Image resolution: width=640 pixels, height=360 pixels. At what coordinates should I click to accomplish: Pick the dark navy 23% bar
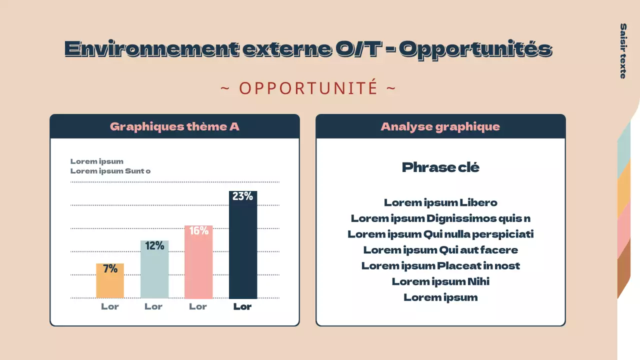pos(243,250)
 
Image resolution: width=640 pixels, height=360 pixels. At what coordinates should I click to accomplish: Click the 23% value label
pos(242,196)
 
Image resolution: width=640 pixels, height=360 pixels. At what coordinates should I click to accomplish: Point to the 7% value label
pos(110,269)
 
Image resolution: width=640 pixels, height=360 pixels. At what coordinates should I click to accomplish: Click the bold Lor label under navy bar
pos(242,306)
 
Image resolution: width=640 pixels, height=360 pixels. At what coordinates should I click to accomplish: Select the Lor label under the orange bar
pos(110,306)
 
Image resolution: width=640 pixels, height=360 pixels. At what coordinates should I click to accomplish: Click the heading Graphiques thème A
pos(174,126)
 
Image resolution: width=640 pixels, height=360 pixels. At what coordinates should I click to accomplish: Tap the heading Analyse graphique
pos(440,126)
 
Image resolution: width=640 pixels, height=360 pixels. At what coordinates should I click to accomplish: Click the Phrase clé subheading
pos(440,167)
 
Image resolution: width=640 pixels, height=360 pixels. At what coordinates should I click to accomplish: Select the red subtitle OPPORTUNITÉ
pos(308,88)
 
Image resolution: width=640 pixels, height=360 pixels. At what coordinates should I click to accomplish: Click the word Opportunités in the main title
pos(475,49)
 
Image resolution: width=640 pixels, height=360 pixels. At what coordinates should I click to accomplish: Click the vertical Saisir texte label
pos(623,50)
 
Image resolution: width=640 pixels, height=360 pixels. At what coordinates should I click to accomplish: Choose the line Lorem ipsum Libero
pos(440,202)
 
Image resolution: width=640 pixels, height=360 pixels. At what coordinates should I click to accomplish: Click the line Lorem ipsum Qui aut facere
pos(440,250)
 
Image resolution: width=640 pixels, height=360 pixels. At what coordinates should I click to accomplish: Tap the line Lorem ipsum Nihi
pos(440,281)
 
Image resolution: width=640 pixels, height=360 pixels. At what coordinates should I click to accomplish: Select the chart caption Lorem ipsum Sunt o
pos(110,171)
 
